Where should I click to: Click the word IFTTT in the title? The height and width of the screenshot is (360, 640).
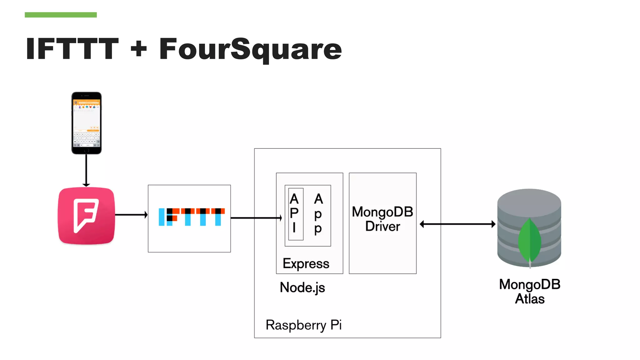coord(72,49)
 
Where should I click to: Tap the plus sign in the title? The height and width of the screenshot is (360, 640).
coord(139,49)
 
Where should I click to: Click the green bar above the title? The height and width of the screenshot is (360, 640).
coord(61,15)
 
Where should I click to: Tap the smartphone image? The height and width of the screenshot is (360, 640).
coord(87,123)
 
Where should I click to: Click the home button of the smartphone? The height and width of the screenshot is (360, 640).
coord(87,150)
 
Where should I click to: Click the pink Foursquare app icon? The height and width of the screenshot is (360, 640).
coord(86,216)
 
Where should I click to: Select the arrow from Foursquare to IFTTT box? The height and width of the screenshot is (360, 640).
coord(131,215)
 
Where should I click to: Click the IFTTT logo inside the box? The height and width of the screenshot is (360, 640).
coord(192,217)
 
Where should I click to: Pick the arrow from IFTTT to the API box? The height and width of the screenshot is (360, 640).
coord(256,218)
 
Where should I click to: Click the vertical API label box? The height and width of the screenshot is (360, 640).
coord(296,214)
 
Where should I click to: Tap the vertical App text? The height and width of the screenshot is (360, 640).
coord(318,214)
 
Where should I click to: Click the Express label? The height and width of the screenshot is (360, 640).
coord(306,264)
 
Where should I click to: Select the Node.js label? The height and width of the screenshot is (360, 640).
coord(302,287)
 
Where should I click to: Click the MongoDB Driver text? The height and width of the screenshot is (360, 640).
coord(382,219)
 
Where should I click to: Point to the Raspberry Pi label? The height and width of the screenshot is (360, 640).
coord(303,325)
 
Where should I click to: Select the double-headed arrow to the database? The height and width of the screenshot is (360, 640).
coord(457,224)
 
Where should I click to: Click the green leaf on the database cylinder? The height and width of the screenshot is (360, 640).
coord(529,241)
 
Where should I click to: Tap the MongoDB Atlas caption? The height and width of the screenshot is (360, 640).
coord(529,292)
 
